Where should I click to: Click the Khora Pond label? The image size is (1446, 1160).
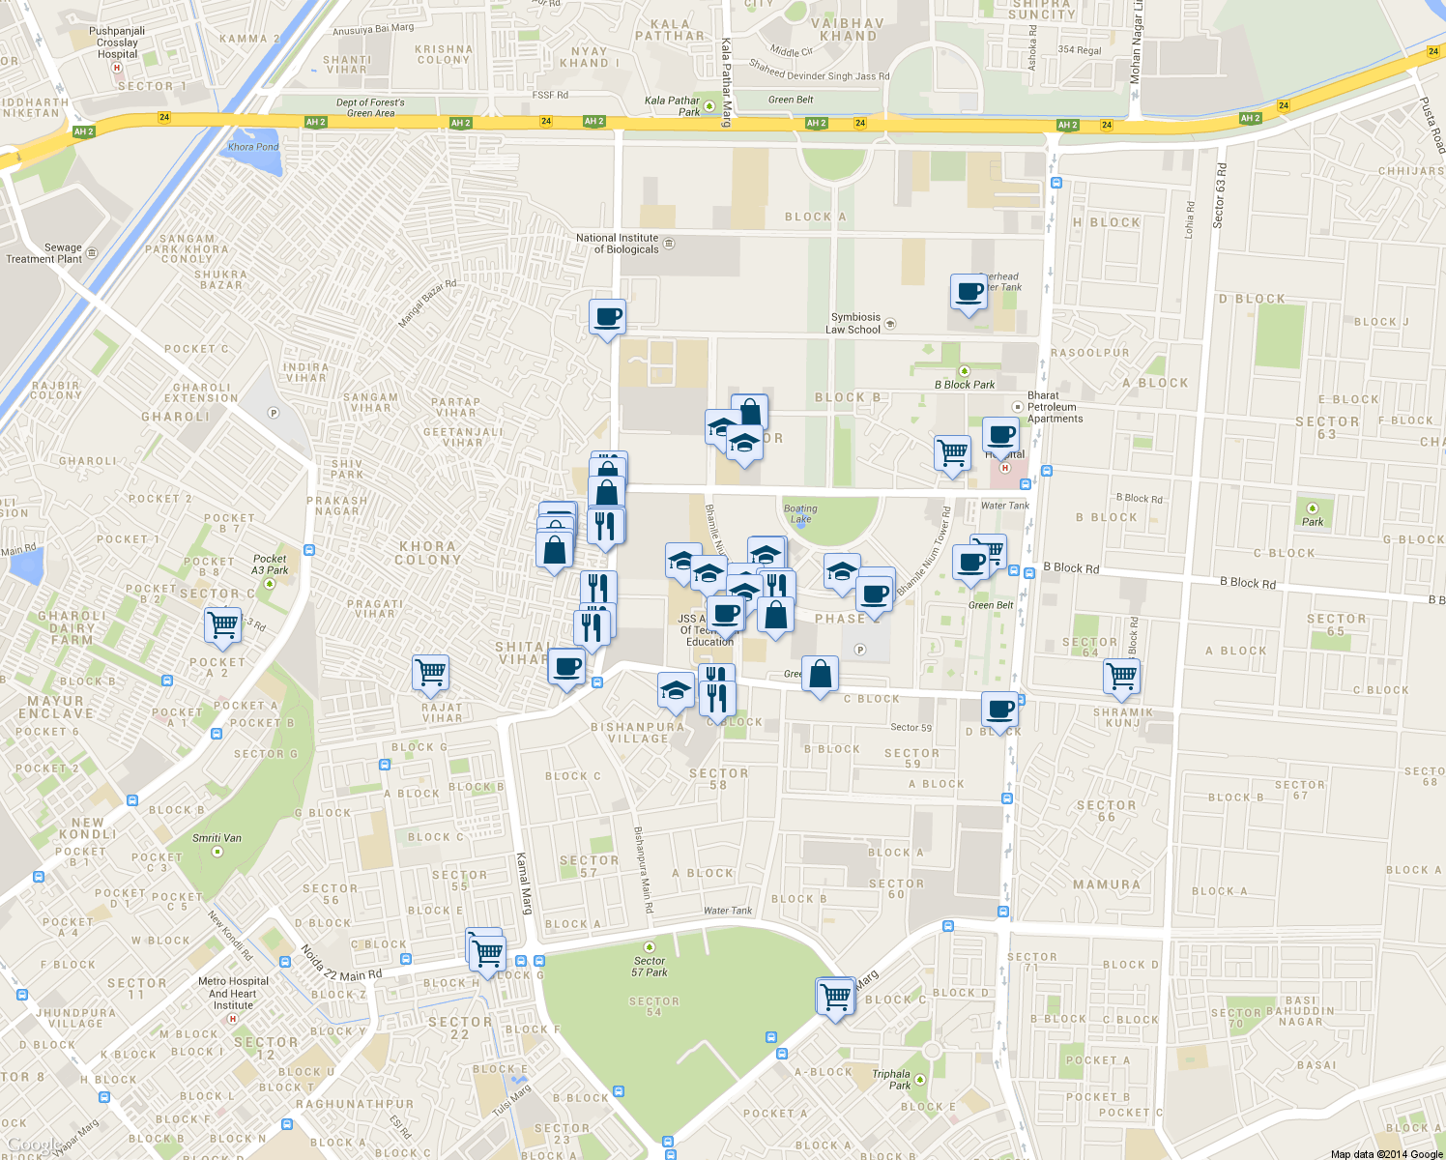(x=253, y=147)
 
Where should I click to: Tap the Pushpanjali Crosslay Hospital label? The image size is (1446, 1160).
(x=117, y=43)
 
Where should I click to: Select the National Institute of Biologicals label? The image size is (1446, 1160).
(x=617, y=244)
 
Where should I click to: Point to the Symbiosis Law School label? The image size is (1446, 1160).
(x=854, y=324)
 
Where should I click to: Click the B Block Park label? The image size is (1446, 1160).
(x=964, y=384)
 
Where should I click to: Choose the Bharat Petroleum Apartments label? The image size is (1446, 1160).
(x=1055, y=407)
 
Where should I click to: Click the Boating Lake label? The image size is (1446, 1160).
(x=800, y=513)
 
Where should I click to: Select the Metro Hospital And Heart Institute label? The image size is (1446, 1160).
(x=232, y=993)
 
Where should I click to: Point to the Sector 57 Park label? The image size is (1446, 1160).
(x=650, y=967)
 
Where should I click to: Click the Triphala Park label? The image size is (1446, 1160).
(x=891, y=1079)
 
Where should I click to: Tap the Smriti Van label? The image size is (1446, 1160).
(x=217, y=838)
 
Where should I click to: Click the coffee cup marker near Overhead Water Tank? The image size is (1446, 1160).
(x=969, y=292)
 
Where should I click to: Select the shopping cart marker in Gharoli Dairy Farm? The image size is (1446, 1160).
(x=223, y=624)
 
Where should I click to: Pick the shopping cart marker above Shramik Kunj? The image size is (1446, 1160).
(x=1121, y=675)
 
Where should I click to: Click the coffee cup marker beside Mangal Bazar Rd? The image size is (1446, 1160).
(x=607, y=317)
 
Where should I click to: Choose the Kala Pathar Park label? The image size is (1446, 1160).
(x=672, y=105)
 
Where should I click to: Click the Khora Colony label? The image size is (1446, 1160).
(x=427, y=553)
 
